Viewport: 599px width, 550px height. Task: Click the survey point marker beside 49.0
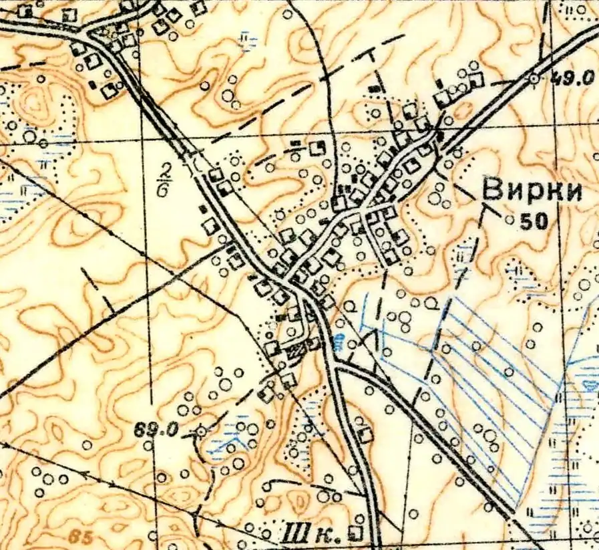pyautogui.click(x=533, y=79)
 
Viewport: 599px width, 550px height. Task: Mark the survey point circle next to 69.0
pyautogui.click(x=201, y=432)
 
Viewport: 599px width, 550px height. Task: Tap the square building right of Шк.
pyautogui.click(x=358, y=533)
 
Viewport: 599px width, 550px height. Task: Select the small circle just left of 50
pyautogui.click(x=510, y=220)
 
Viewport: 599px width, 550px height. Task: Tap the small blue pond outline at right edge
pyautogui.click(x=591, y=384)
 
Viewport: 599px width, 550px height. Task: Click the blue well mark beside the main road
pyautogui.click(x=339, y=343)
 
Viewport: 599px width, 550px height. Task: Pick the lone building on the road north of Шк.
pyautogui.click(x=365, y=434)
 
